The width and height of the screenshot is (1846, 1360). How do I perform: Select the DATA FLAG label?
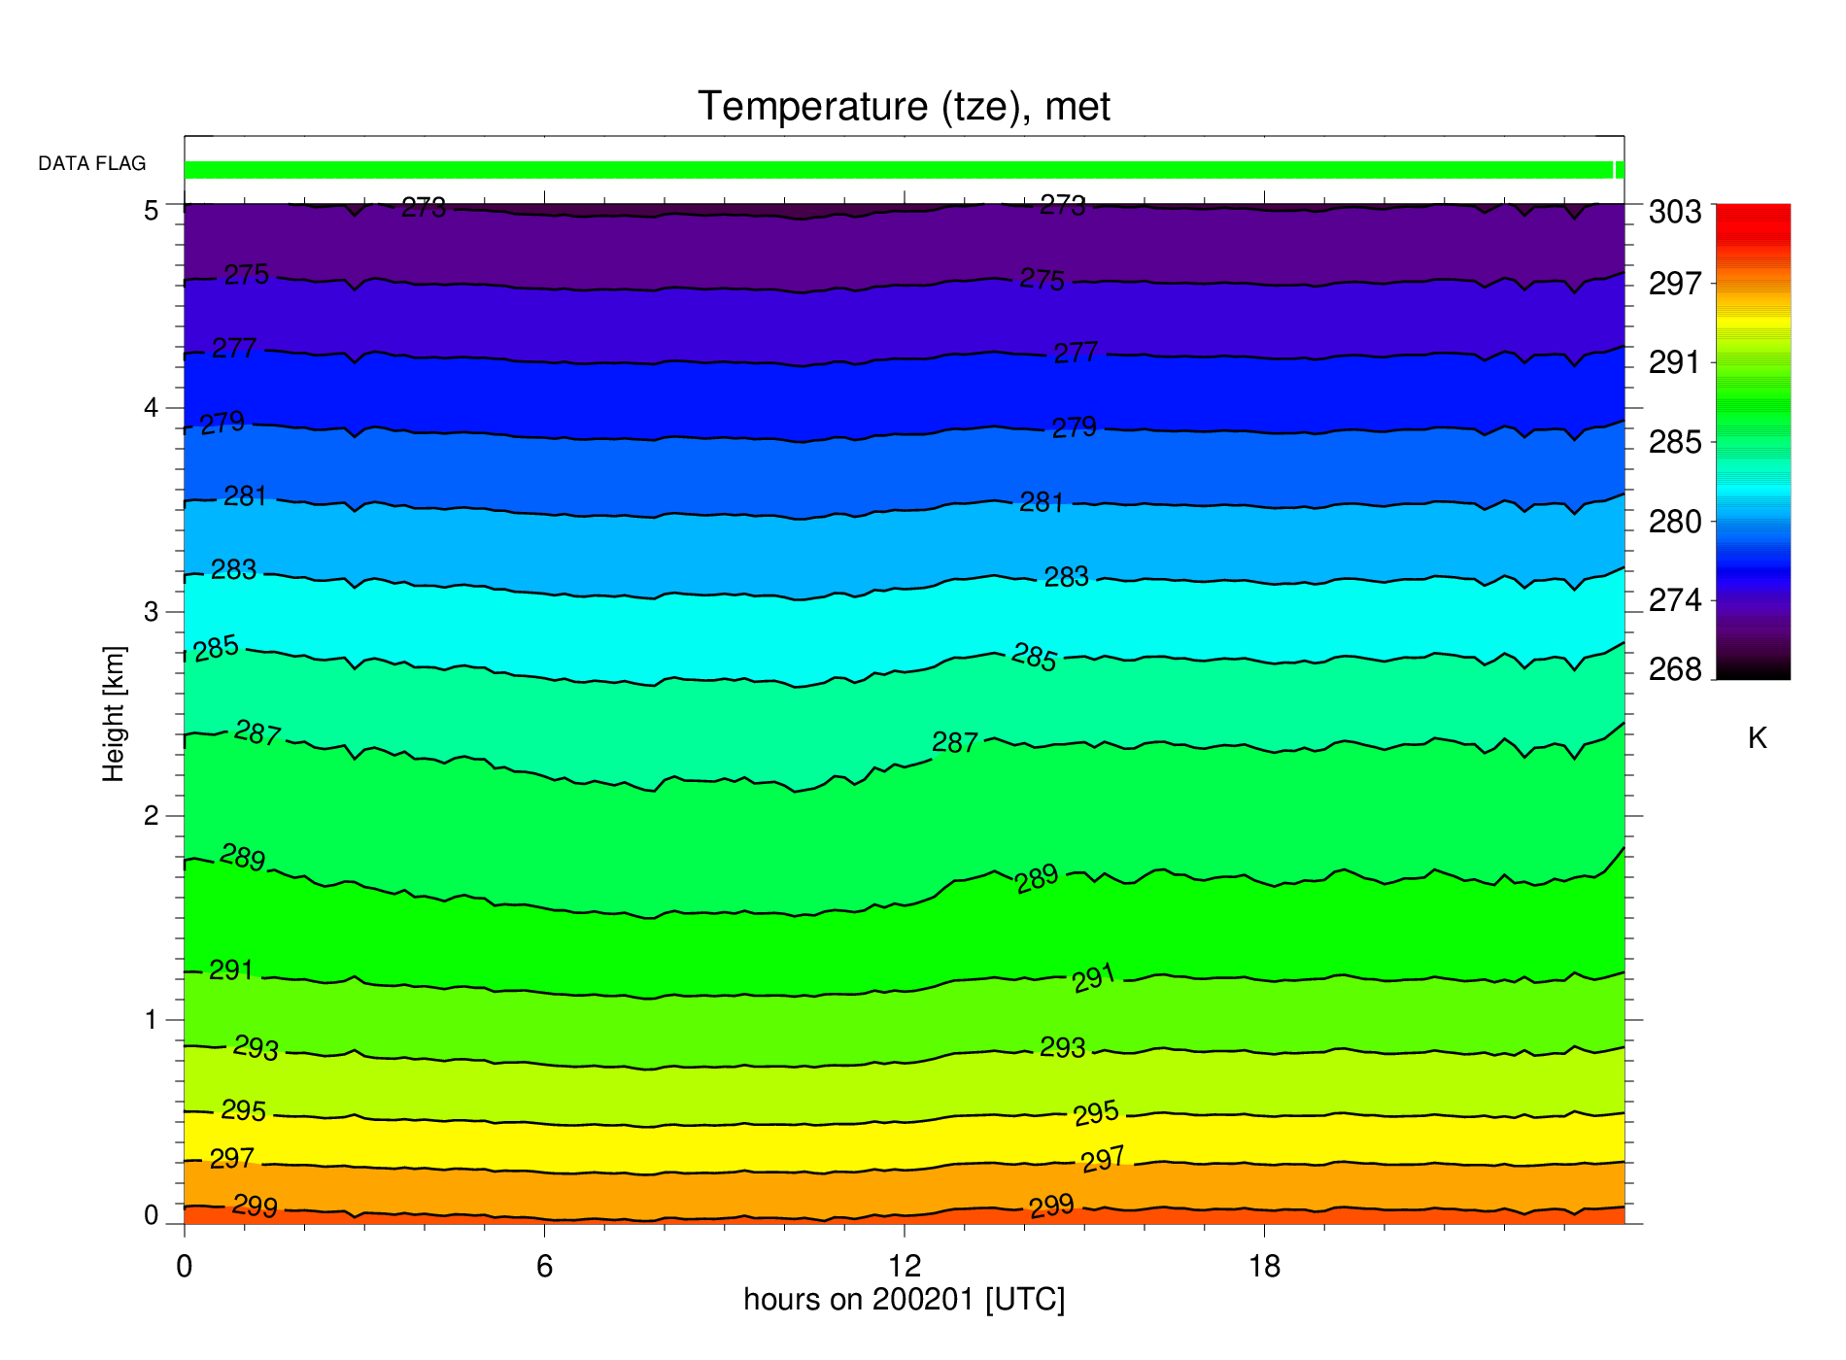point(92,163)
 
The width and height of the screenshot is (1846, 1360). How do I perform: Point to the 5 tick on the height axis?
point(152,211)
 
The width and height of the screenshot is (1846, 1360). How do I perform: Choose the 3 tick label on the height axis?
point(152,612)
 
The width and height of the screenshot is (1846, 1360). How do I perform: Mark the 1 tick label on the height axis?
point(152,1020)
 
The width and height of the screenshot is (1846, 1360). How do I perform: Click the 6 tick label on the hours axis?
point(544,1266)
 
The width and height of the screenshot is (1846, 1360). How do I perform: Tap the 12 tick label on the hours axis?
point(904,1266)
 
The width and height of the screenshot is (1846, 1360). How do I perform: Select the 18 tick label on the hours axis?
point(1264,1266)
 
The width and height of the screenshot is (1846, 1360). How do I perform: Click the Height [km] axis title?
point(114,714)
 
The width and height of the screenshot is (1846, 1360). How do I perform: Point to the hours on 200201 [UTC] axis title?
point(904,1300)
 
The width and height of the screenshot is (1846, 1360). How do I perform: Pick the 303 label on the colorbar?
point(1675,212)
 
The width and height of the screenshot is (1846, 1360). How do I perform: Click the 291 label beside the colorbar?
point(1675,363)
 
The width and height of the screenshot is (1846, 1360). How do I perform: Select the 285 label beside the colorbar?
point(1675,443)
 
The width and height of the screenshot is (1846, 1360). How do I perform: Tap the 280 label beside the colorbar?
point(1675,523)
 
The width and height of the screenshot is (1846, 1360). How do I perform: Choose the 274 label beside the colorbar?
point(1675,601)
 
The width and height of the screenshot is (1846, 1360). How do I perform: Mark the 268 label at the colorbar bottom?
point(1675,670)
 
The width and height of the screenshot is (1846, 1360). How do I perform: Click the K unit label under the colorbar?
point(1757,739)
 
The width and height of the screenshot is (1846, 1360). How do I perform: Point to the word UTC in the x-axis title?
point(1025,1300)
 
